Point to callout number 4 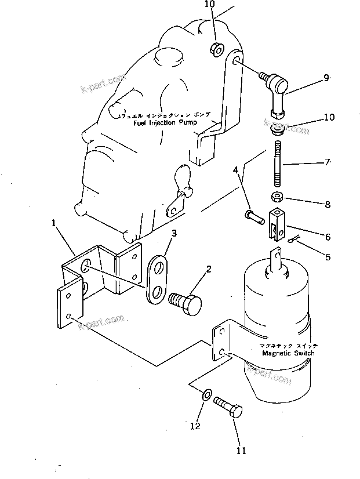(x=236, y=170)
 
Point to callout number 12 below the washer (x=195, y=426)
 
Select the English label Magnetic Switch (x=288, y=353)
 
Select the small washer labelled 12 (x=206, y=397)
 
